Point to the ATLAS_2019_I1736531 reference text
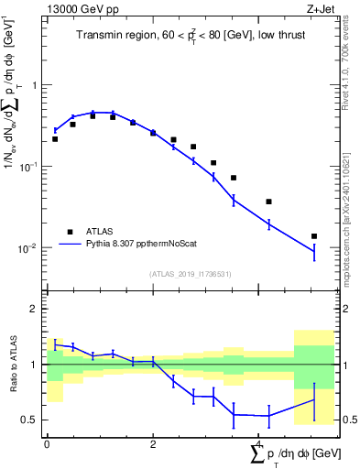(x=191, y=274)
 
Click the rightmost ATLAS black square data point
(x=314, y=236)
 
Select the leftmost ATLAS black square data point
(x=55, y=139)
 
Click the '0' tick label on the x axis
(x=47, y=443)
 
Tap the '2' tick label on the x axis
(x=153, y=443)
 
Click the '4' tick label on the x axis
(x=259, y=443)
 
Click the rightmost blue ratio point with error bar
(x=314, y=399)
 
